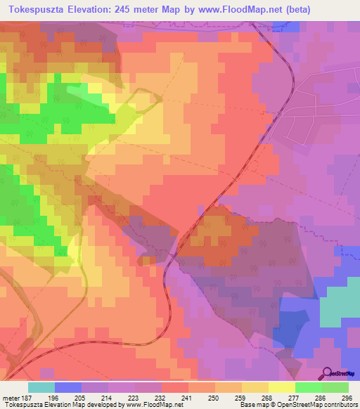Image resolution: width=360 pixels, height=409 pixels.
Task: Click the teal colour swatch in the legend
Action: pos(41,387)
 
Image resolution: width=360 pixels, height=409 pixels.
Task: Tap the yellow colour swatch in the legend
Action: pos(282,387)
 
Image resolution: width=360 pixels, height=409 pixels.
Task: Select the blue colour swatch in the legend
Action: pos(68,387)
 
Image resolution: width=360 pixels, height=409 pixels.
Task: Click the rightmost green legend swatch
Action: pos(335,387)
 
